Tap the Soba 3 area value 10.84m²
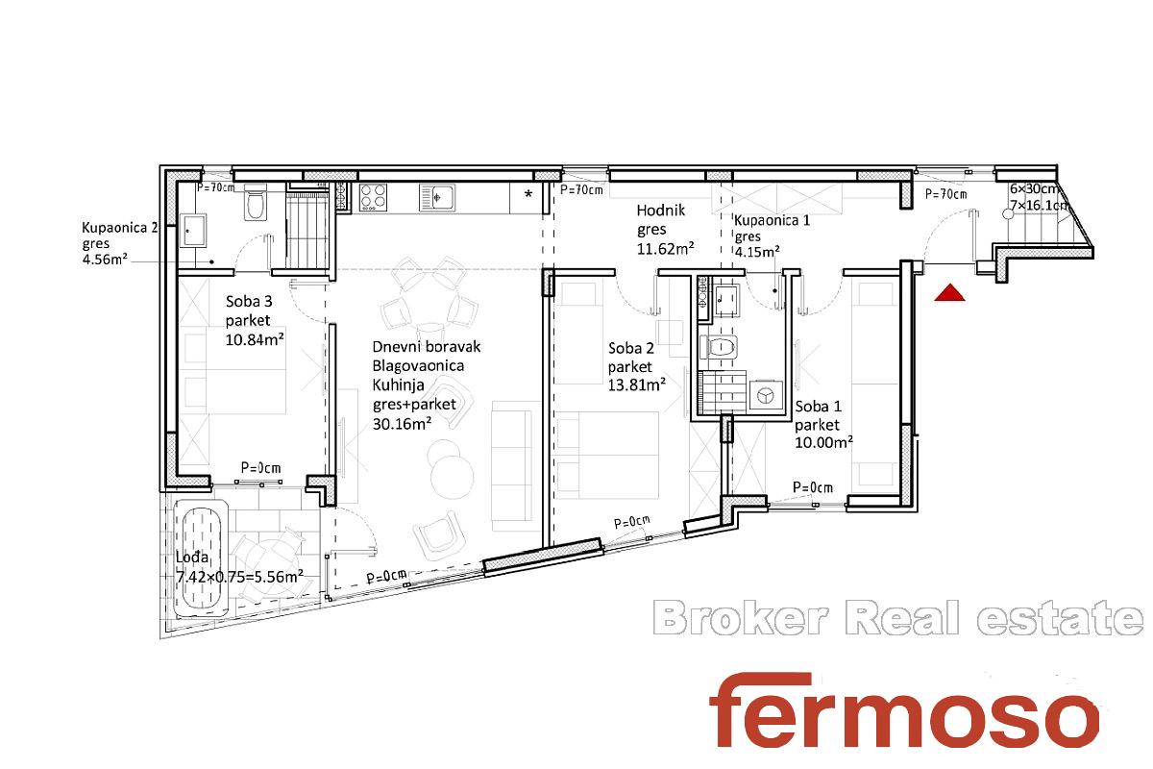click(255, 339)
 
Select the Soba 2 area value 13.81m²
click(637, 384)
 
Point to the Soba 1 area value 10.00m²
click(824, 442)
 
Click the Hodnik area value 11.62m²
click(666, 249)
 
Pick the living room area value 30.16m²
click(402, 423)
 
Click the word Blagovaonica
click(418, 365)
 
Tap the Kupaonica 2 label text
click(120, 228)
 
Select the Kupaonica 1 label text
click(772, 220)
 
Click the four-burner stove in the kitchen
click(373, 197)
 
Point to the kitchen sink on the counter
click(437, 197)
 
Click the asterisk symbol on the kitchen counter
click(528, 195)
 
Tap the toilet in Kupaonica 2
click(256, 203)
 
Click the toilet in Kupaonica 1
click(719, 347)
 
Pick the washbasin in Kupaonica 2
click(192, 231)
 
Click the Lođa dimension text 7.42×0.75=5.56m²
click(239, 577)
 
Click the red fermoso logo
click(904, 710)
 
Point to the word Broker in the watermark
click(741, 619)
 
